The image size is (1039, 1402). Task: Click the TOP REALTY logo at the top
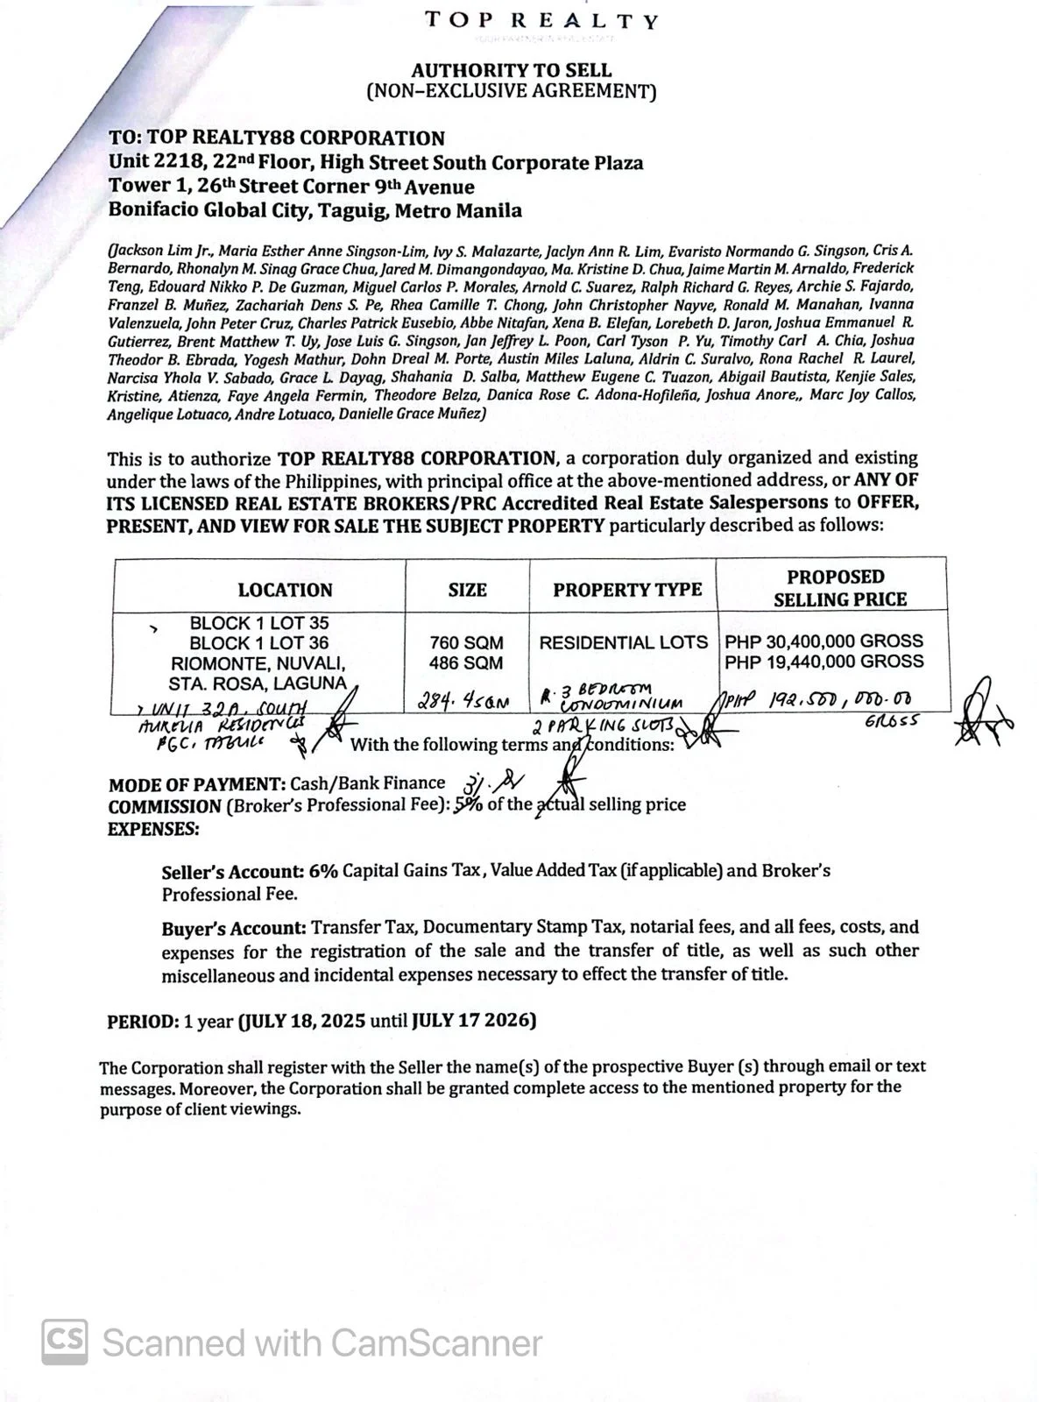[x=541, y=21]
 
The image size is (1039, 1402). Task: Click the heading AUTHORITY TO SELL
[x=512, y=70]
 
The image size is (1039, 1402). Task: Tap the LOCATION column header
[x=285, y=590]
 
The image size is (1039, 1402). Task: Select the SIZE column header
[x=467, y=590]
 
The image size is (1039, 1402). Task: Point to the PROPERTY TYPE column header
[x=627, y=590]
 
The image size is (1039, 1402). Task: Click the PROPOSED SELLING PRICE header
[x=835, y=588]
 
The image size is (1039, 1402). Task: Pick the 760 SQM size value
[x=467, y=642]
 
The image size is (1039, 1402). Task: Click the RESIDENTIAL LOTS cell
[x=623, y=642]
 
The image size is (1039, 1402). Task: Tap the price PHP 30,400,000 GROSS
[x=823, y=641]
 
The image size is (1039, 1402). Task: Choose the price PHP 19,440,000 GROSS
[x=823, y=662]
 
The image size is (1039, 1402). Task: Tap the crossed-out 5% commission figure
[x=468, y=804]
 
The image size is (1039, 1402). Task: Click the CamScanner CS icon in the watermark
[x=64, y=1341]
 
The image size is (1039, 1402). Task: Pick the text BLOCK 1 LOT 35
[x=259, y=623]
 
